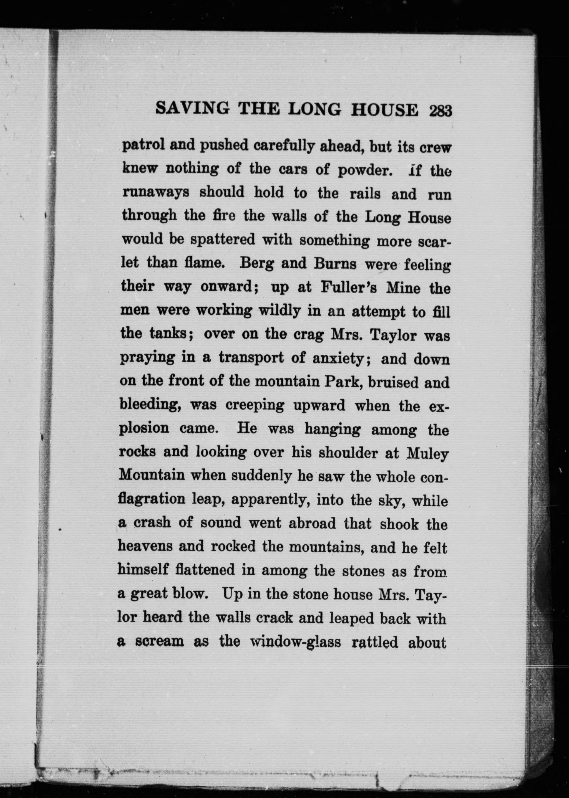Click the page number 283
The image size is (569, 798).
pos(440,111)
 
